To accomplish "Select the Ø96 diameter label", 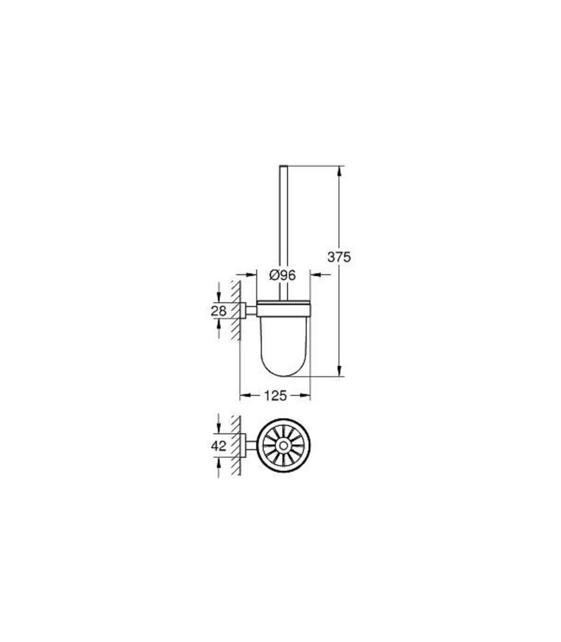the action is coord(282,275).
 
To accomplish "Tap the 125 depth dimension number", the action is coord(275,396).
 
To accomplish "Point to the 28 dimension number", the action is coord(218,311).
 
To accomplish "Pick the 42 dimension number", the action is coord(218,446).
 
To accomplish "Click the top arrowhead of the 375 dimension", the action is coord(340,172).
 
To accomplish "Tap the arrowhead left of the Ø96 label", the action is coord(251,275).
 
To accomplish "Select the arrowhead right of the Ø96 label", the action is coord(316,275).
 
